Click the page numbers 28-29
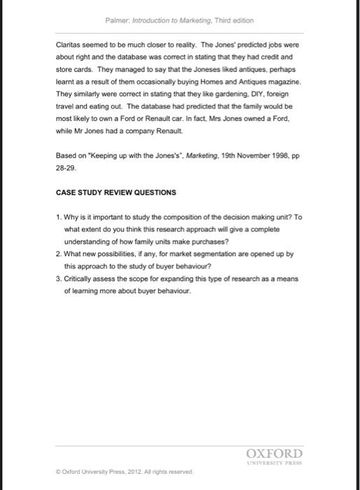pos(66,169)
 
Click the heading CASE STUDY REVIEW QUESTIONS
pos(116,192)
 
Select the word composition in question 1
pos(173,218)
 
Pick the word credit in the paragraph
pos(274,57)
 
